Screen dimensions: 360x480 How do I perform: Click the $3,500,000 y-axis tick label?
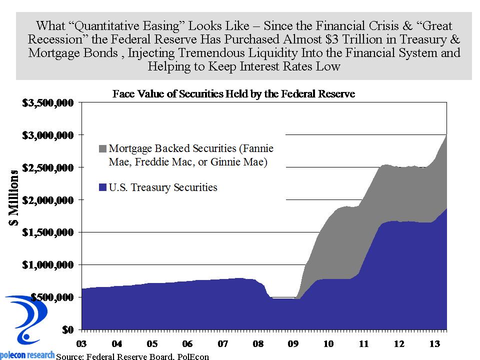[x=47, y=103]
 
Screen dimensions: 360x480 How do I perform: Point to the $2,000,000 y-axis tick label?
[x=47, y=200]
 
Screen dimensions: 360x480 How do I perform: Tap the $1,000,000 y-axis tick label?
[x=47, y=264]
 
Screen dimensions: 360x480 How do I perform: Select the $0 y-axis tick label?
[x=68, y=329]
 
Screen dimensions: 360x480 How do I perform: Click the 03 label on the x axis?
[x=81, y=344]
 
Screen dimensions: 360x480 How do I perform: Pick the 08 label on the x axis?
[x=258, y=344]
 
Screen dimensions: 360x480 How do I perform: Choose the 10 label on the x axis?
[x=329, y=344]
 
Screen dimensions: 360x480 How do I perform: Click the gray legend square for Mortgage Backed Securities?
[x=102, y=148]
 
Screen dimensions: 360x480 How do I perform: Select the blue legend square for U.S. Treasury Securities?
[x=102, y=188]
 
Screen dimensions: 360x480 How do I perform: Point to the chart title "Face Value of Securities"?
[x=233, y=94]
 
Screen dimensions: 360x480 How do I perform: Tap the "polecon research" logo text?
[x=28, y=354]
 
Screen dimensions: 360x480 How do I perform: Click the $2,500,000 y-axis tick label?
[x=47, y=167]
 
